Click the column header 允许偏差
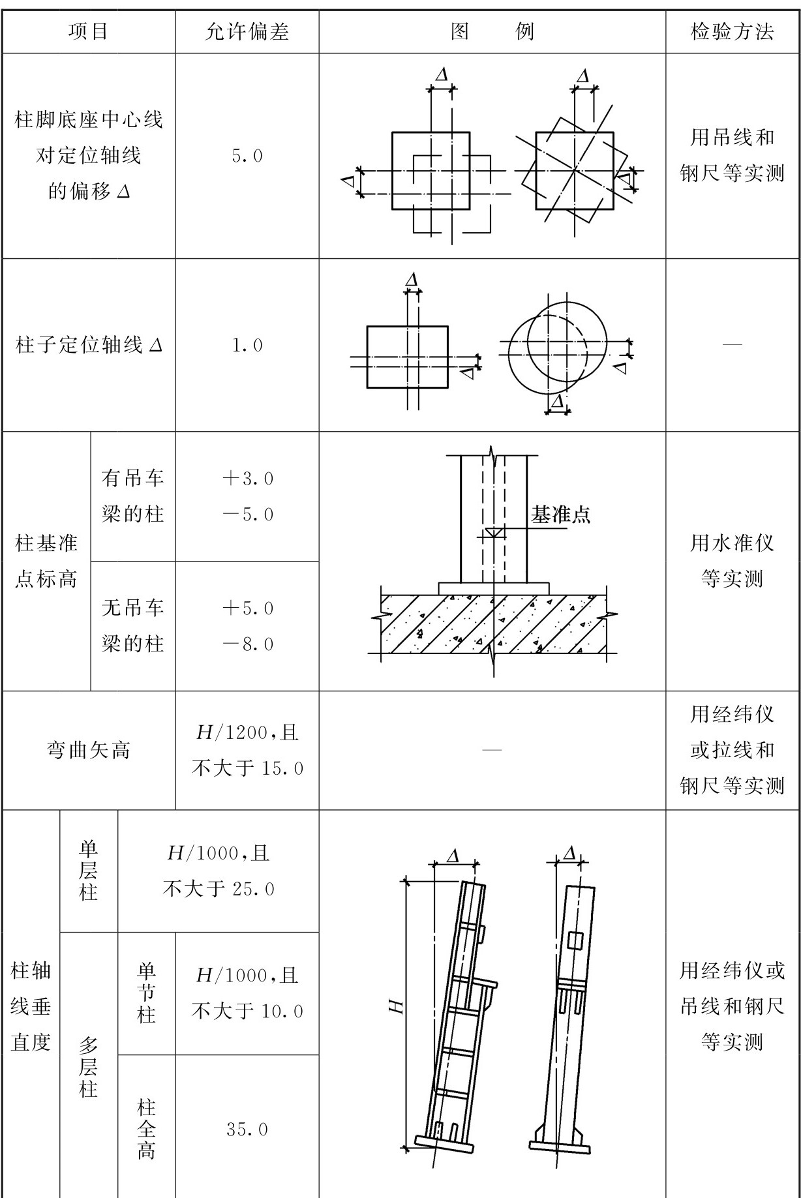tap(247, 31)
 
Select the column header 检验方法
tap(732, 31)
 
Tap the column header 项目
tap(88, 31)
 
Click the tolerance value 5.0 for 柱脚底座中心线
tap(247, 156)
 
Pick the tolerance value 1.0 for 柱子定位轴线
tap(247, 345)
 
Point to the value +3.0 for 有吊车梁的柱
tap(247, 479)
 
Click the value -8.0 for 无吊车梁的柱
tap(247, 644)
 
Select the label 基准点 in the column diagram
tap(560, 515)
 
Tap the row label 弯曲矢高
tap(88, 751)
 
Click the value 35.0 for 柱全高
tap(247, 1130)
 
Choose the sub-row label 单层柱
tap(88, 871)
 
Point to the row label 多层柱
tap(88, 1067)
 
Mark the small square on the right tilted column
tap(575, 940)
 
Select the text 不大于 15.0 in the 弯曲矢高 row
tap(247, 769)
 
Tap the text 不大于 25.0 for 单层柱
tap(219, 889)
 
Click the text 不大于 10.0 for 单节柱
tap(247, 1011)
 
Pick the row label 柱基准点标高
tap(46, 561)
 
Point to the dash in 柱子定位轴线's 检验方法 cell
tap(732, 344)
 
